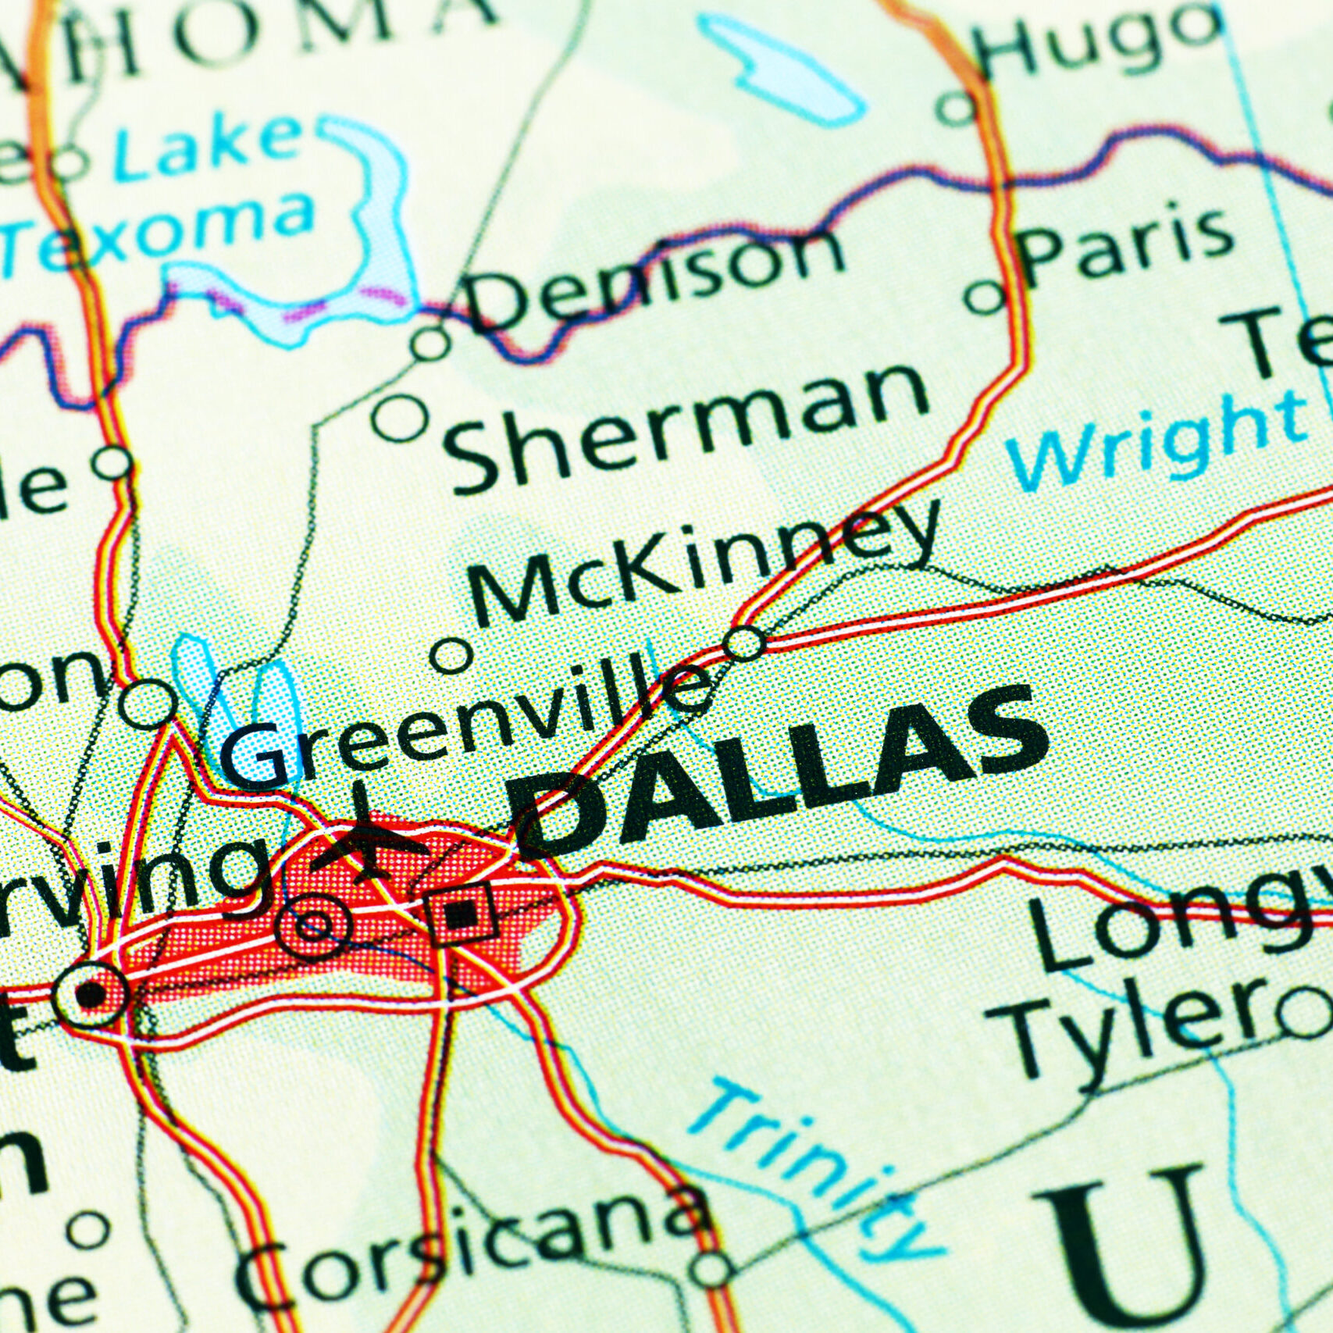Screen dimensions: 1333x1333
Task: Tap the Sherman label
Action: [687, 426]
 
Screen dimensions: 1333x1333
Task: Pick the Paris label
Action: [1128, 246]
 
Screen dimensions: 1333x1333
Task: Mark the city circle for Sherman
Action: [400, 419]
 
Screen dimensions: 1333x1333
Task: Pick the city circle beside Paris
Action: [985, 298]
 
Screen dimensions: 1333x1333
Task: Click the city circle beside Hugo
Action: [957, 105]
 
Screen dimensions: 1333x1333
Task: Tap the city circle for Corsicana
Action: [711, 1269]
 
